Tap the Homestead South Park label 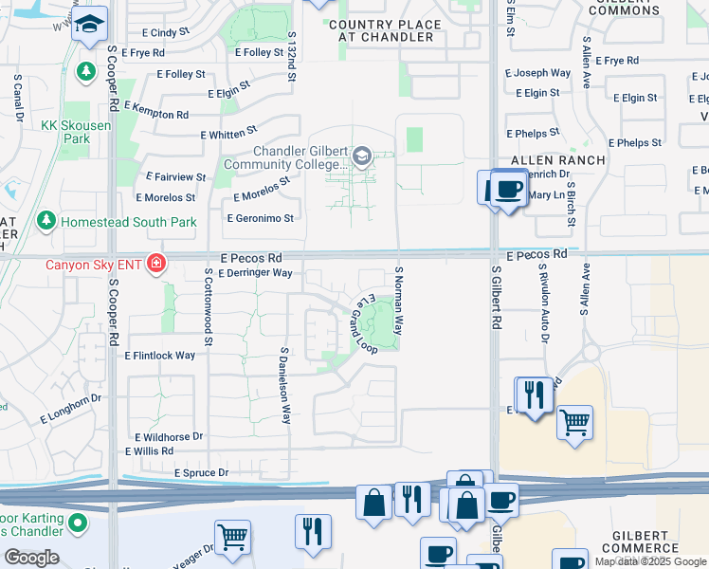click(x=128, y=222)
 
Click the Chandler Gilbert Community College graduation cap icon click(x=361, y=156)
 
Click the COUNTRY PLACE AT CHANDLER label click(x=387, y=31)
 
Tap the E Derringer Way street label click(x=255, y=273)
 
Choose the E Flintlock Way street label click(x=159, y=356)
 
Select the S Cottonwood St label click(x=208, y=306)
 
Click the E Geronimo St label click(x=261, y=218)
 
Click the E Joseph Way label click(x=537, y=73)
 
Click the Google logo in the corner click(x=31, y=558)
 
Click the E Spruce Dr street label click(x=201, y=472)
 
